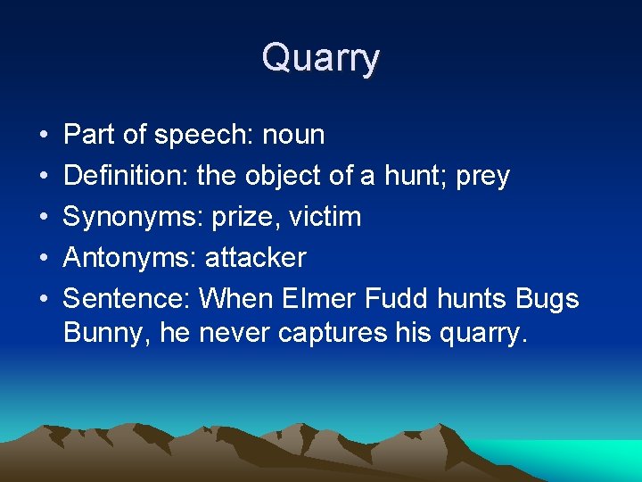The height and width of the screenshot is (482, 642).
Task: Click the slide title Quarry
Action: (x=321, y=58)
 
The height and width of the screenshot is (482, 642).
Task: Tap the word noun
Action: (x=293, y=135)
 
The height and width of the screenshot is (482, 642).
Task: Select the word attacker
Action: (x=255, y=258)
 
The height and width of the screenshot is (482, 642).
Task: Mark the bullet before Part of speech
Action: (x=44, y=136)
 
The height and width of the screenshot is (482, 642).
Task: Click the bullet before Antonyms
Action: (x=44, y=259)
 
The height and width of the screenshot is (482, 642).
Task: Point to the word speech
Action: (x=204, y=136)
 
